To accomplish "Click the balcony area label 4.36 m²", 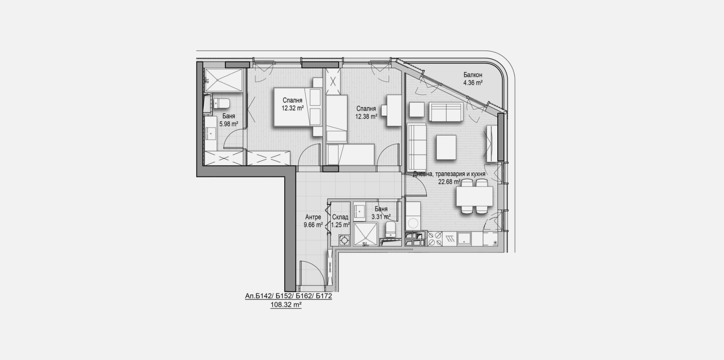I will (x=472, y=83).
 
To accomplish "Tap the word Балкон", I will (x=472, y=75).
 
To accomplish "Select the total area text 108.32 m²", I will (x=286, y=305).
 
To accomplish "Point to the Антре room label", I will (x=313, y=217).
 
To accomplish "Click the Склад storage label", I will (x=340, y=217).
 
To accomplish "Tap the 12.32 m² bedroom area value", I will (x=292, y=108).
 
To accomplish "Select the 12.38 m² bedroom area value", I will (x=366, y=116).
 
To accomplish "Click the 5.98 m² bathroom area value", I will (x=229, y=124).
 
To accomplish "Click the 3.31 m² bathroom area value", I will (x=381, y=217).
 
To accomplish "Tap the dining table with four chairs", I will (x=474, y=196).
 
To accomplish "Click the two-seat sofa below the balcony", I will (x=446, y=112).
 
